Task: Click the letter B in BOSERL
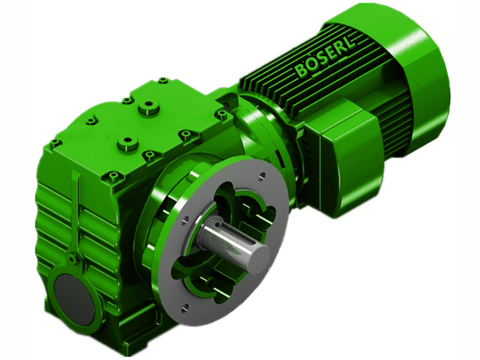click(x=301, y=71)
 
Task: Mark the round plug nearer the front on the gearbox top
click(x=127, y=143)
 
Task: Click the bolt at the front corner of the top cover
click(x=112, y=176)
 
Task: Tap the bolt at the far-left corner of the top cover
click(x=55, y=143)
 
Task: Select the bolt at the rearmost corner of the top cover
click(x=163, y=80)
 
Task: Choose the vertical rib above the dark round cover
click(x=75, y=210)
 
